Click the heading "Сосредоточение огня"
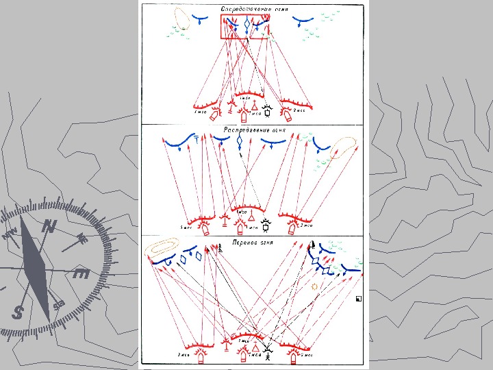click(x=254, y=9)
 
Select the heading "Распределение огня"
click(x=254, y=129)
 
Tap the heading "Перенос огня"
click(x=254, y=242)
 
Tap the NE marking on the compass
click(x=81, y=238)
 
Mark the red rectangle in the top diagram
click(x=245, y=27)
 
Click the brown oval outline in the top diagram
click(x=182, y=18)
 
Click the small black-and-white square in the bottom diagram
click(x=358, y=299)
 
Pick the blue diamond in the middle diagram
click(x=240, y=142)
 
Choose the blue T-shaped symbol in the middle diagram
click(x=197, y=141)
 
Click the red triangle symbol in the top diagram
click(x=255, y=106)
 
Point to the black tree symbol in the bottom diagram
click(x=220, y=249)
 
